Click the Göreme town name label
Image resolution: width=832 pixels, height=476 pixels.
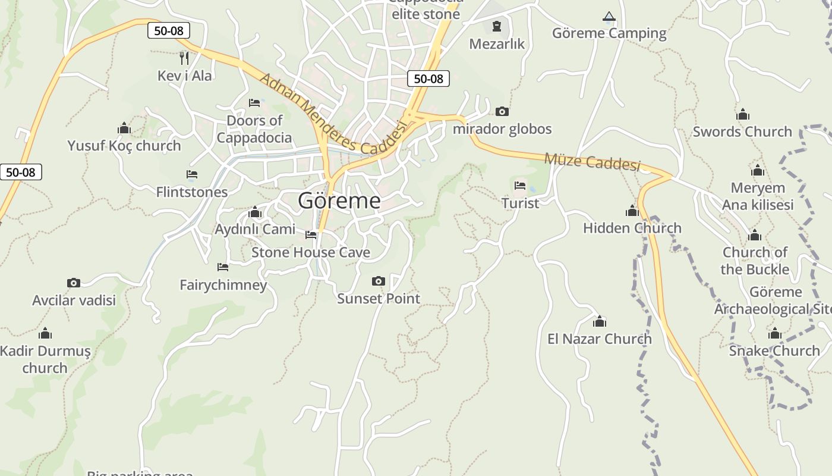click(339, 201)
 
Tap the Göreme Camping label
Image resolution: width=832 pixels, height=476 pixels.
click(609, 33)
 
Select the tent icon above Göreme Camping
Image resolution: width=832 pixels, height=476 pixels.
click(609, 17)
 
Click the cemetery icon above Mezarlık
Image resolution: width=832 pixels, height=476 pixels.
click(497, 26)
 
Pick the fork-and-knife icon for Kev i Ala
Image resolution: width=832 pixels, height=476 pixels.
click(184, 58)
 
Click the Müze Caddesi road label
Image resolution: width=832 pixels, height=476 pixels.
click(592, 161)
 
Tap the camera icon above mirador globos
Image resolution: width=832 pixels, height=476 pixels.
click(502, 112)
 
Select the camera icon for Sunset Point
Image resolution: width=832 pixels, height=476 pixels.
click(379, 281)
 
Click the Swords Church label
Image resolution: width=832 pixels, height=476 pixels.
click(742, 131)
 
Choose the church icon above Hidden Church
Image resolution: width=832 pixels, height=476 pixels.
click(632, 211)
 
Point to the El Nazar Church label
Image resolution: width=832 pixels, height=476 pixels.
click(600, 339)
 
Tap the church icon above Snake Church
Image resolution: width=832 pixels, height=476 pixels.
click(775, 334)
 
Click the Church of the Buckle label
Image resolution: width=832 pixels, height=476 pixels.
click(755, 261)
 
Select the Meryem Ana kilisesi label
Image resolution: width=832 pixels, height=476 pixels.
click(758, 196)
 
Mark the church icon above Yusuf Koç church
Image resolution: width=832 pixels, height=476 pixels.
click(124, 129)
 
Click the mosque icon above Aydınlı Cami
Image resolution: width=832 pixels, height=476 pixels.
click(255, 212)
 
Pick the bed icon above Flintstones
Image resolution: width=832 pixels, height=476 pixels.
click(192, 174)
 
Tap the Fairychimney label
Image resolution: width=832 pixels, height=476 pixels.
click(223, 285)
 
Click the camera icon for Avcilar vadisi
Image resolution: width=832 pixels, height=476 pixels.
click(74, 283)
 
